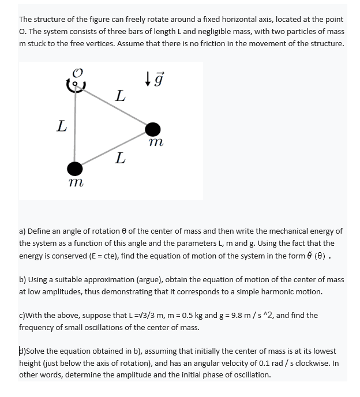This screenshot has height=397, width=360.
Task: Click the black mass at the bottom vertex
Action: click(x=74, y=168)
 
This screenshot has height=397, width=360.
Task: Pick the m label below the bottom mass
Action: click(x=74, y=183)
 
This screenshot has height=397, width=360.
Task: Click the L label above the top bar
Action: click(x=119, y=95)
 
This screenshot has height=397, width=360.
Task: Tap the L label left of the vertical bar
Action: click(x=61, y=126)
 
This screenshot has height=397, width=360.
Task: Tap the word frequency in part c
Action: click(x=36, y=327)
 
